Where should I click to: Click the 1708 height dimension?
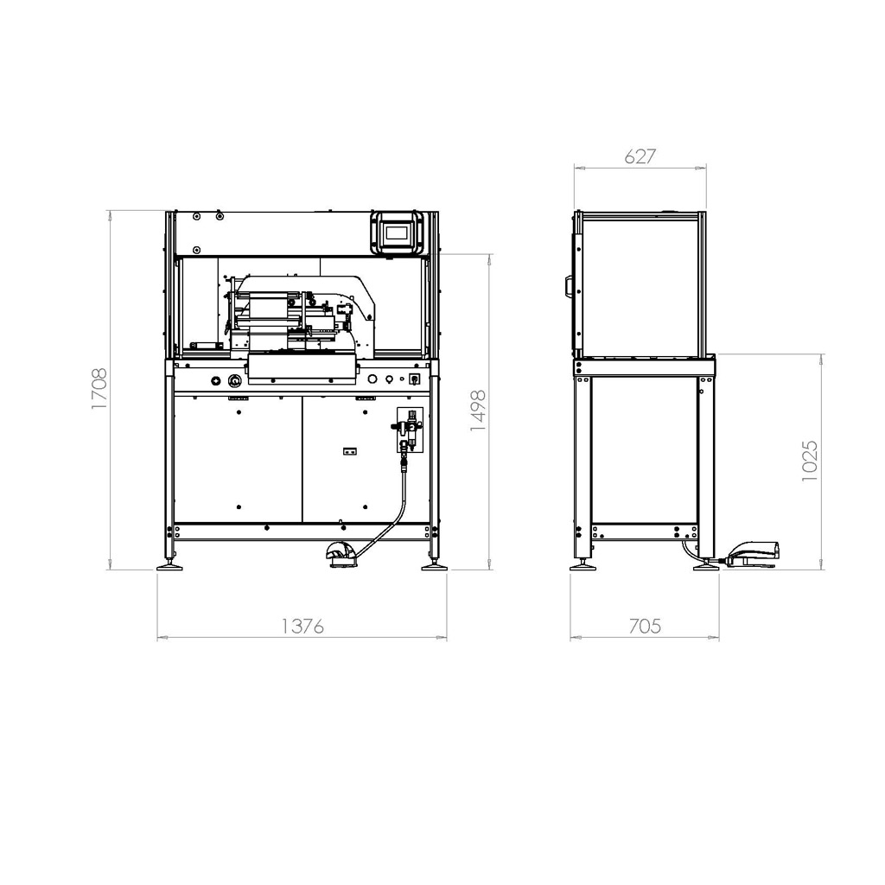click(99, 389)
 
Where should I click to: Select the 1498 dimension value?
click(478, 411)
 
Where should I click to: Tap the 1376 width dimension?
click(302, 626)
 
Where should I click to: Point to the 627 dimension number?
click(640, 156)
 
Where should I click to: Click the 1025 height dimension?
click(809, 461)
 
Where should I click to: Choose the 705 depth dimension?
click(645, 626)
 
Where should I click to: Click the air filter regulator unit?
click(410, 430)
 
